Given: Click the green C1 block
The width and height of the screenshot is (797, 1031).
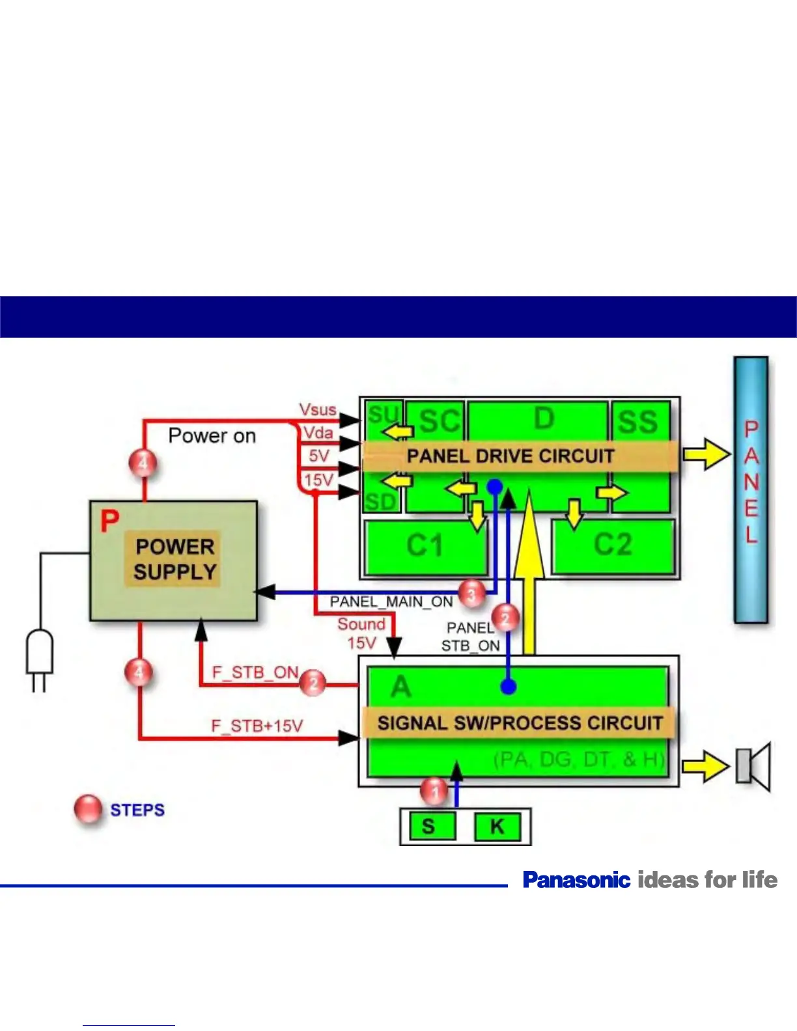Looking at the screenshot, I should (426, 546).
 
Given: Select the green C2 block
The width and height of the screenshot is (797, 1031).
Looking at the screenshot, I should (613, 545).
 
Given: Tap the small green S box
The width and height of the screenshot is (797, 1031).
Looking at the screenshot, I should (428, 827).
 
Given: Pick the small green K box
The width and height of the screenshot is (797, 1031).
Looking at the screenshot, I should (497, 827).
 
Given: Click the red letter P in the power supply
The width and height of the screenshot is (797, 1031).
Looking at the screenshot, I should (110, 521).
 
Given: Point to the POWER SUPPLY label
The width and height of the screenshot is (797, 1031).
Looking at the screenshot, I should (175, 559).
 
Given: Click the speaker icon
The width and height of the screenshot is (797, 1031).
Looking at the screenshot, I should (753, 766).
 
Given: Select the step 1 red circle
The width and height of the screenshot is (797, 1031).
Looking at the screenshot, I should (434, 791).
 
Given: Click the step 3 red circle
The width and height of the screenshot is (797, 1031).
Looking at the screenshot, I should (472, 593).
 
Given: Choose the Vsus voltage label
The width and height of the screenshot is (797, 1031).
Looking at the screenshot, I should (318, 410).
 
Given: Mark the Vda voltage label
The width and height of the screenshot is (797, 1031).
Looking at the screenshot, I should (318, 433).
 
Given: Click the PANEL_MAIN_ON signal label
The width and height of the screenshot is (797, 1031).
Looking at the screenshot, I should (391, 602).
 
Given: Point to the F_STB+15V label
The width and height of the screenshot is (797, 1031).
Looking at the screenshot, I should (257, 726).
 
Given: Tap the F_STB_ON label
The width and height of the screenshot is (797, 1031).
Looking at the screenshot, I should (255, 672).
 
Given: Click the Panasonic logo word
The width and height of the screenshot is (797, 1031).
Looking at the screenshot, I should (576, 880).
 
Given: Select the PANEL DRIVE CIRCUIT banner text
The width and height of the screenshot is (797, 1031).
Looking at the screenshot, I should (510, 456).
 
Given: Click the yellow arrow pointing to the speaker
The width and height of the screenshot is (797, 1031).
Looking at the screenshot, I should (705, 766).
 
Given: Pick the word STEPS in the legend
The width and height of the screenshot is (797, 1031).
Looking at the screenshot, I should (137, 810).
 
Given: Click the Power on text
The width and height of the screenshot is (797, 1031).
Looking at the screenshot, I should (212, 435).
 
